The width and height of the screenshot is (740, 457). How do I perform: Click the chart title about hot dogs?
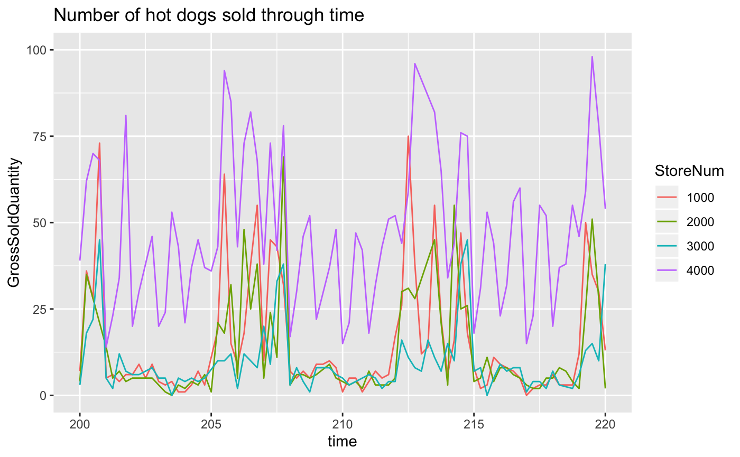(x=209, y=15)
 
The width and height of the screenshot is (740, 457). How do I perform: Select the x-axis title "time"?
(x=342, y=441)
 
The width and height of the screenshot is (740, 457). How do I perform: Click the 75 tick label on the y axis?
(x=41, y=136)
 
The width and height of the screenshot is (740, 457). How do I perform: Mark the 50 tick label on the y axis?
(x=41, y=222)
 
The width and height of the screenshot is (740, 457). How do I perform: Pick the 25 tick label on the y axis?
(x=41, y=309)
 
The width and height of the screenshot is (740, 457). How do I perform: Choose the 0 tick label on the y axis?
(x=44, y=395)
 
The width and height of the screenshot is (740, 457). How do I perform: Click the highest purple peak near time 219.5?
(x=592, y=57)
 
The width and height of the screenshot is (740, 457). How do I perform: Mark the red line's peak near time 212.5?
(x=408, y=136)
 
